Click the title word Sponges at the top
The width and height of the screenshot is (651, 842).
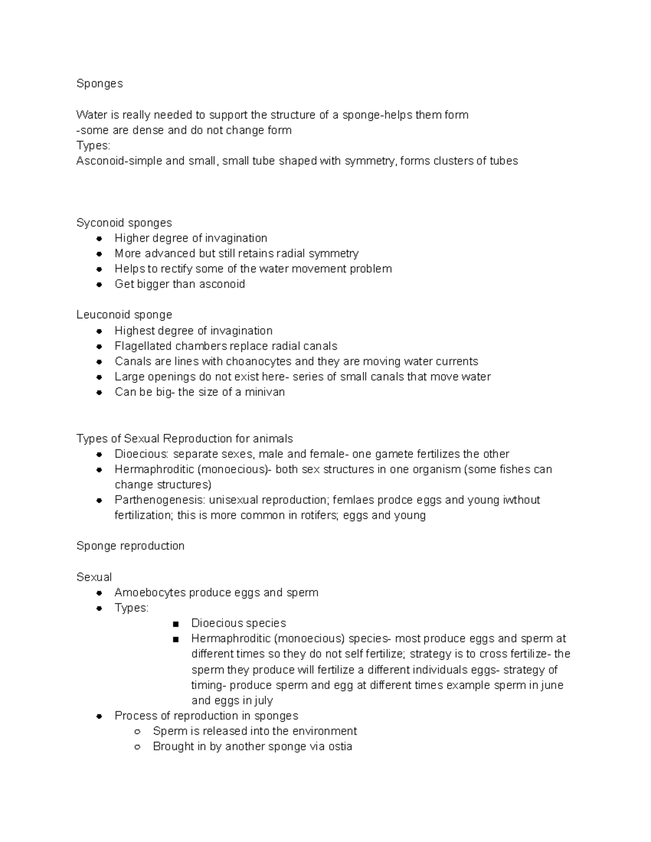click(99, 83)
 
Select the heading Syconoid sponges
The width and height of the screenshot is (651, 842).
click(124, 223)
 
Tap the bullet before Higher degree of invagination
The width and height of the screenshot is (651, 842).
click(99, 239)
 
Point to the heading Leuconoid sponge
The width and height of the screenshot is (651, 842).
click(124, 315)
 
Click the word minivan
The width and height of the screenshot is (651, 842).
click(264, 392)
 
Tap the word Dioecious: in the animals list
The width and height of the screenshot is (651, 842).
click(142, 454)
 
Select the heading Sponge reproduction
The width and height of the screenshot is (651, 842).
click(130, 546)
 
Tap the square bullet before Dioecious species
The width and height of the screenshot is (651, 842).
click(175, 624)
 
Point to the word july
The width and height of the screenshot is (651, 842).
click(263, 700)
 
